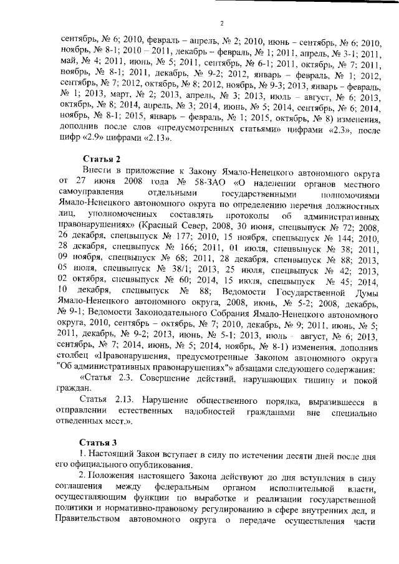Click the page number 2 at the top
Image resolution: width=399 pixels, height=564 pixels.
pyautogui.click(x=221, y=24)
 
